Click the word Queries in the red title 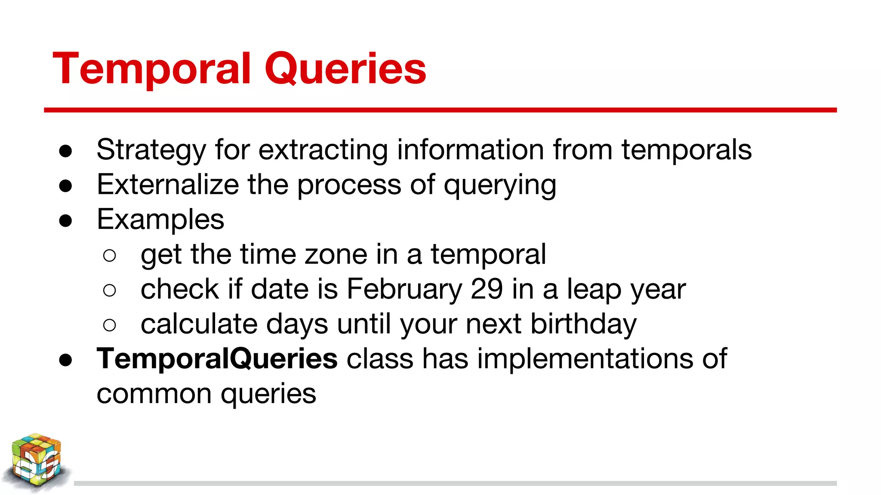point(345,69)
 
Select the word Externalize point(168,185)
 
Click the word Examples point(160,220)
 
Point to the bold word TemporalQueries point(217,358)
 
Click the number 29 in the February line point(487,289)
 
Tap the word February point(404,289)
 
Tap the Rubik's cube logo point(37,462)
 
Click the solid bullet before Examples point(65,221)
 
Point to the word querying point(500,186)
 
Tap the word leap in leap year point(594,290)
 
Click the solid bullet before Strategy point(65,151)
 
